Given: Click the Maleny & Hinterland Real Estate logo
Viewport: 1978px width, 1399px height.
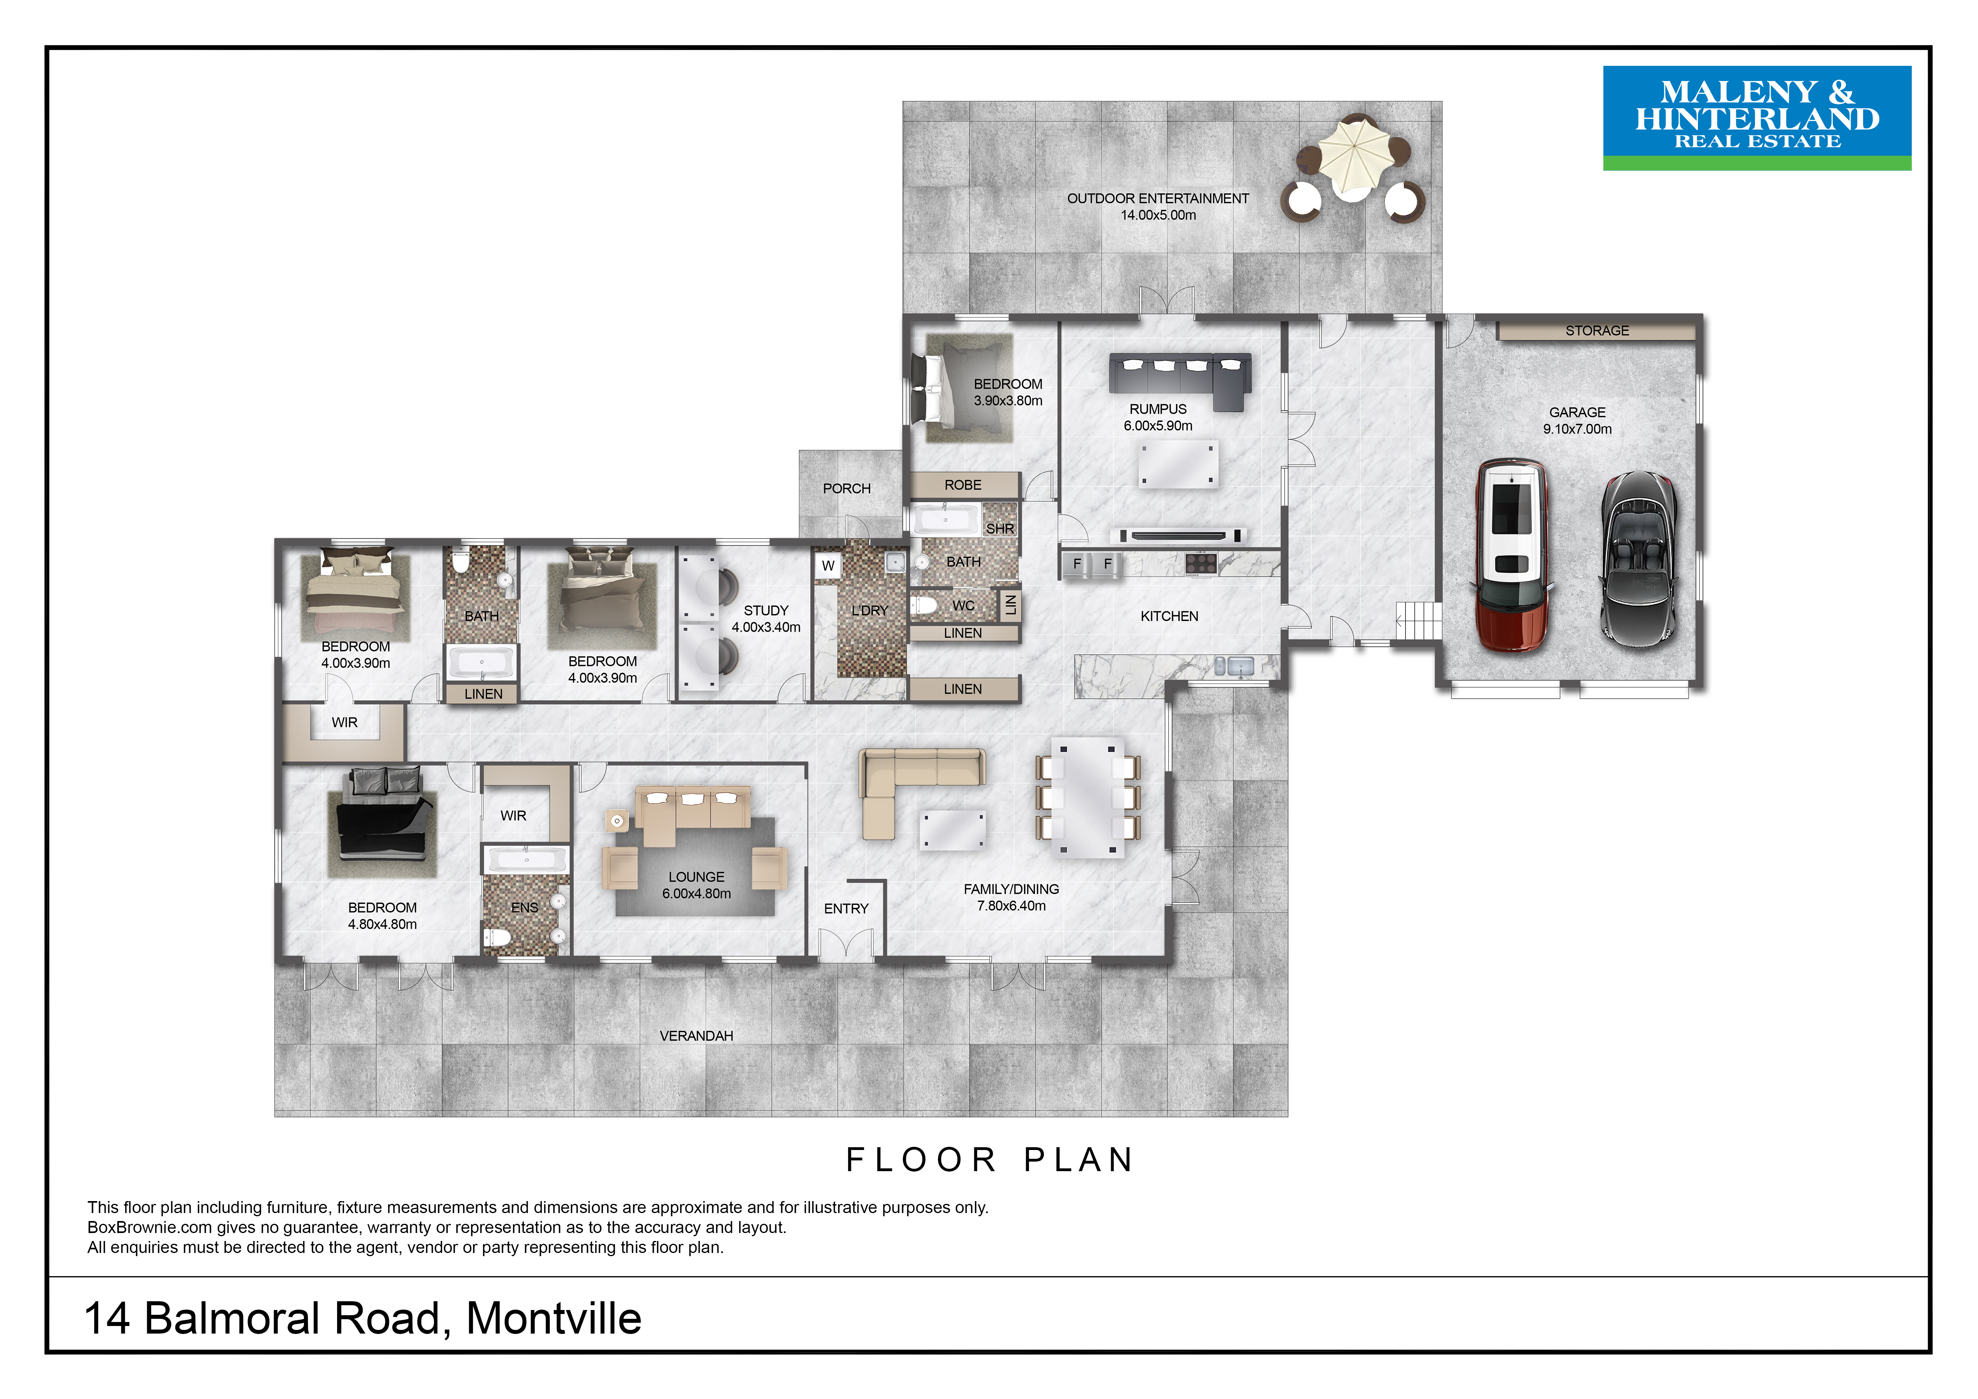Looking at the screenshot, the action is click(1757, 118).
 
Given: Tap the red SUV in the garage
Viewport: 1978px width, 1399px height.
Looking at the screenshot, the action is click(1512, 555).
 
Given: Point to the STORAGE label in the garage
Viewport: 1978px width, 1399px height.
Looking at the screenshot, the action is click(1597, 331).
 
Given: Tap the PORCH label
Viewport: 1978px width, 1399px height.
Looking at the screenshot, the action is click(847, 488).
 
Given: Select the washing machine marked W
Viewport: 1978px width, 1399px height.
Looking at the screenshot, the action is click(828, 566).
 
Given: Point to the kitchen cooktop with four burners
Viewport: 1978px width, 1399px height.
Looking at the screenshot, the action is click(1201, 563).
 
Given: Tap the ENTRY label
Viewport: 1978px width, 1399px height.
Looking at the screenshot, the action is click(846, 909).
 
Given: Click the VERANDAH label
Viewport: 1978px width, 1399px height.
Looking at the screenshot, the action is click(696, 1035).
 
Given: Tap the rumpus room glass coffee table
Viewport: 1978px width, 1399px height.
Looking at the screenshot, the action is click(1178, 464).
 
